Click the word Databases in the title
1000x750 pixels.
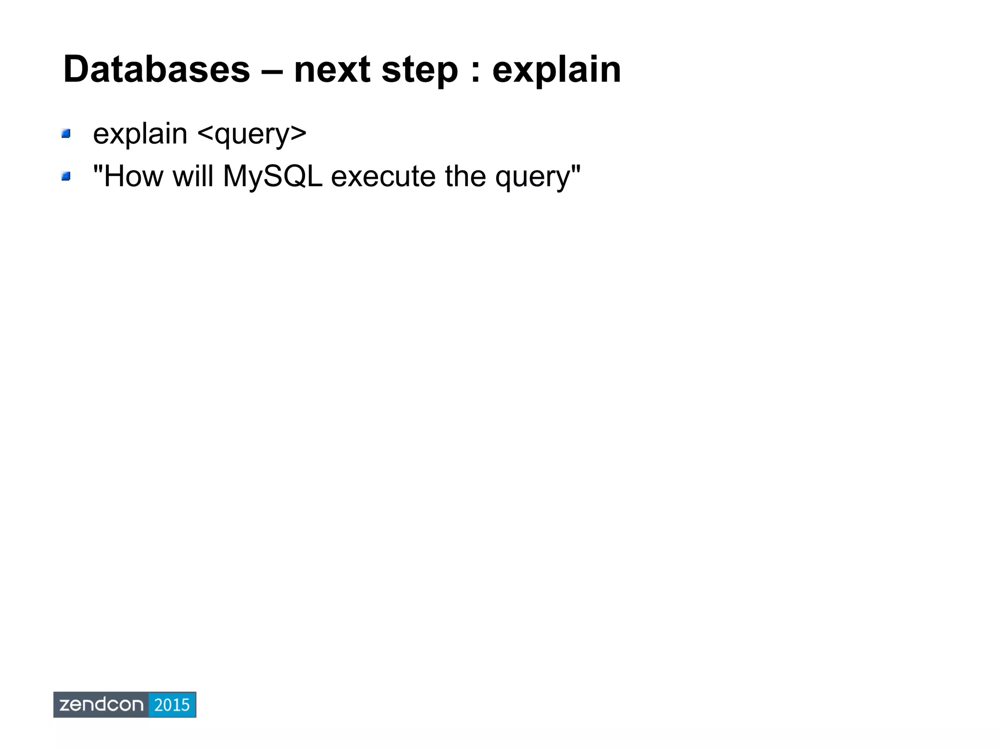click(x=156, y=69)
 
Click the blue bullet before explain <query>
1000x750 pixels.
click(x=66, y=133)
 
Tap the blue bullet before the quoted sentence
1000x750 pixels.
click(x=66, y=176)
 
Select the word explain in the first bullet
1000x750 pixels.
click(x=140, y=133)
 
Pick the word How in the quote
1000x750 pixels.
click(x=133, y=176)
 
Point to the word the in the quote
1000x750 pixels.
click(x=465, y=176)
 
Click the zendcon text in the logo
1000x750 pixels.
click(x=101, y=705)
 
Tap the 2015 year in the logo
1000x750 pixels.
click(x=171, y=705)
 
